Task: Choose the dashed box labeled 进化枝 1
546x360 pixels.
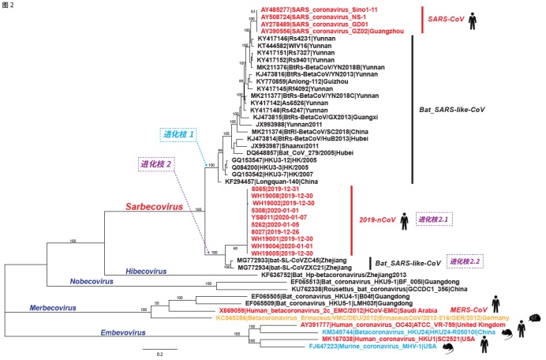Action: tap(180, 135)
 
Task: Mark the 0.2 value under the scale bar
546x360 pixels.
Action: tap(159, 354)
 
